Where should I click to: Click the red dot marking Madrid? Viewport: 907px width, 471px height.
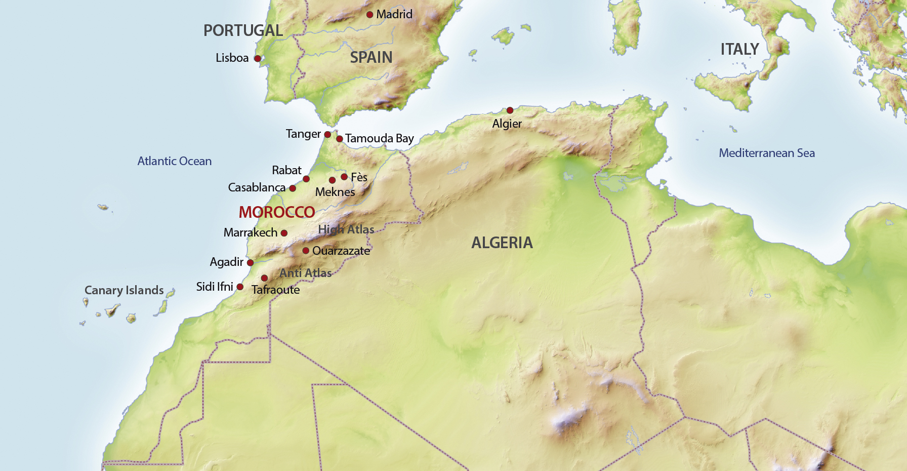[370, 15]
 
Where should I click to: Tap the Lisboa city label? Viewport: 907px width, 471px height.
[232, 58]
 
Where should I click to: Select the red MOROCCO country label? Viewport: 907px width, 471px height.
[277, 212]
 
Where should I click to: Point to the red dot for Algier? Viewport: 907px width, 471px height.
[510, 110]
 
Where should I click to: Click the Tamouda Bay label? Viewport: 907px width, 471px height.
[379, 138]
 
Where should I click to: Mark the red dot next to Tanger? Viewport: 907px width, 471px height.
[327, 135]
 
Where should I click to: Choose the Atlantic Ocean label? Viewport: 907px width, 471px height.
[175, 161]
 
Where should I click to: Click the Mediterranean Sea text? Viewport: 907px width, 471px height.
[766, 153]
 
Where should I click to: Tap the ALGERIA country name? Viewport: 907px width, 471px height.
[502, 243]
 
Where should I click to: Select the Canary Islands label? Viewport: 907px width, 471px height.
[124, 290]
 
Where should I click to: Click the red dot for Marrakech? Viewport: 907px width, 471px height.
[284, 233]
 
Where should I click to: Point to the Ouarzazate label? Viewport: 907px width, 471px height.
[341, 251]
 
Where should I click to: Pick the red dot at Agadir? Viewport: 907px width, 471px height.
[250, 263]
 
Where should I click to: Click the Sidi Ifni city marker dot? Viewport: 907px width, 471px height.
[240, 287]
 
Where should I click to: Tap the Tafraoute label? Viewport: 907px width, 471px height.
[275, 290]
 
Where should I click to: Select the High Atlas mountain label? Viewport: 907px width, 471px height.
[346, 229]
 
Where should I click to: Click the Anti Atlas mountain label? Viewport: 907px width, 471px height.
[305, 273]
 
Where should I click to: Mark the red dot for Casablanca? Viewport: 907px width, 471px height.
[293, 188]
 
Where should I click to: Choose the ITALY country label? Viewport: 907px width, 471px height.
[739, 49]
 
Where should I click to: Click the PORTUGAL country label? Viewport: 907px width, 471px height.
[243, 30]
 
